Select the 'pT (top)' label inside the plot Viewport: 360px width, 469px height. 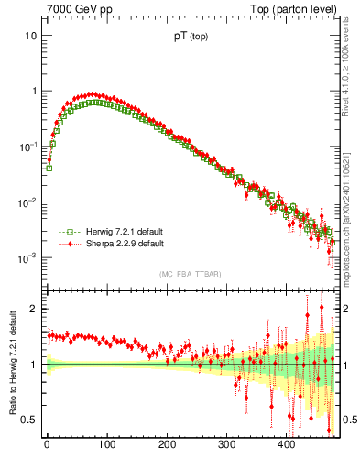pyautogui.click(x=191, y=39)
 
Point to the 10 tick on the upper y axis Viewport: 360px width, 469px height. pyautogui.click(x=30, y=36)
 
